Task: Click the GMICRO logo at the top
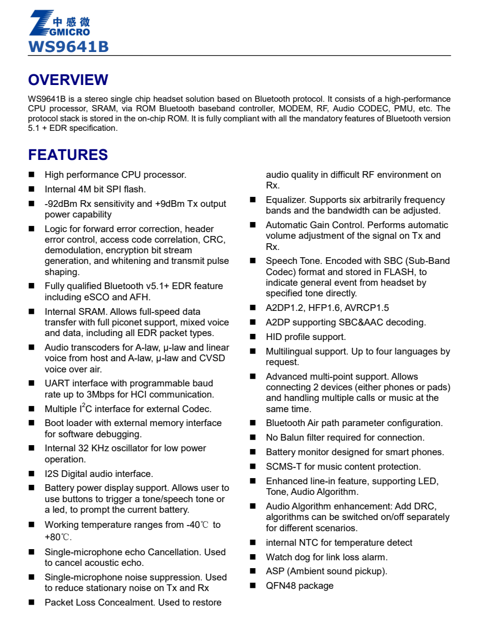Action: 59,23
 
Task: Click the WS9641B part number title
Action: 68,46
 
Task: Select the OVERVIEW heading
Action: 68,80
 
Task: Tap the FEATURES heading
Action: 68,155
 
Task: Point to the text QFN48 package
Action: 299,585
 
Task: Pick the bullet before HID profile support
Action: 253,337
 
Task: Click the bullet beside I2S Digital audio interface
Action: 32,474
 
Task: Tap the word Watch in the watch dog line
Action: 279,557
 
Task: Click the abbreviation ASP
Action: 275,571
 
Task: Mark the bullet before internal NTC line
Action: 253,543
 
